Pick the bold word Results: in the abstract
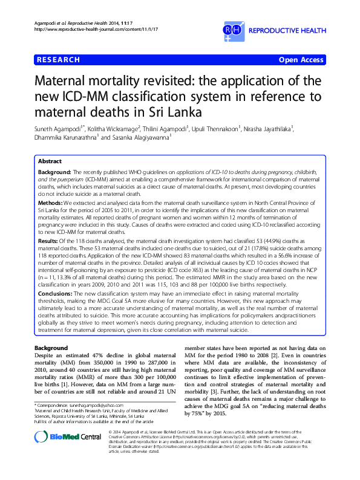(x=50, y=240)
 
